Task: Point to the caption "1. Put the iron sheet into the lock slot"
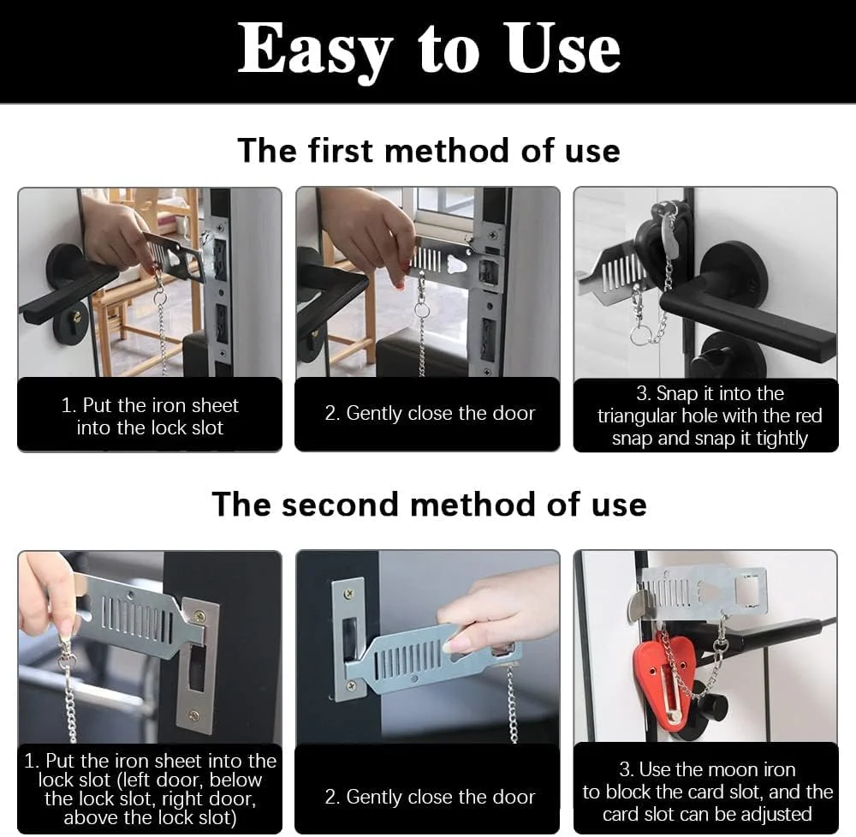tap(150, 416)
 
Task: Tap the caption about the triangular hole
tap(709, 416)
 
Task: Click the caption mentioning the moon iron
tap(708, 792)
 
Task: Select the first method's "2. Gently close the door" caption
tap(430, 413)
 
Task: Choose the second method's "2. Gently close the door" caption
tap(430, 797)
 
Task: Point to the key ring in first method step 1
tap(159, 298)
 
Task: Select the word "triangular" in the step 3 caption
tap(636, 416)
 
